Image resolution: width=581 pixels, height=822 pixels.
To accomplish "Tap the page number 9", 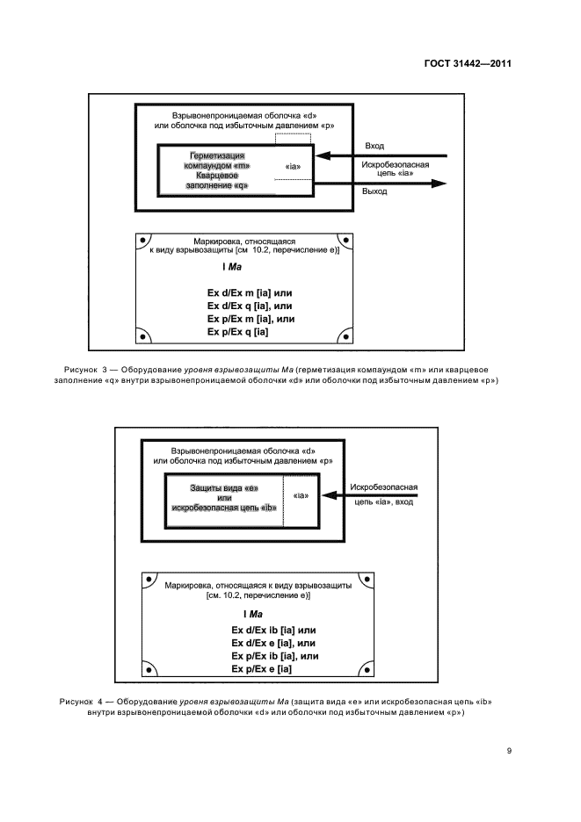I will pos(510,750).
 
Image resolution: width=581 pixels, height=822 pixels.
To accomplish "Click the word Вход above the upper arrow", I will pos(373,147).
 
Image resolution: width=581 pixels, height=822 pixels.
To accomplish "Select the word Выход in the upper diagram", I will pos(374,191).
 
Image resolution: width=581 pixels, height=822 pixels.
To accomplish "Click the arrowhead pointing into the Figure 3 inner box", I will pos(320,156).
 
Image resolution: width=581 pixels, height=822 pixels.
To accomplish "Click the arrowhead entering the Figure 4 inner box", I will pos(327,496).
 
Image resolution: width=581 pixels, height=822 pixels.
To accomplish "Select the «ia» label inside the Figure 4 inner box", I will pos(301,496).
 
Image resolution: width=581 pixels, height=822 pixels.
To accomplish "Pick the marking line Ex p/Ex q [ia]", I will pos(237,332).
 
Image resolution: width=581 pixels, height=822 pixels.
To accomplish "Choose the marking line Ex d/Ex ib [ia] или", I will pos(272,630).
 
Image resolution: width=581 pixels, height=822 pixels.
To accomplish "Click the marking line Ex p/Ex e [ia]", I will pos(261,669).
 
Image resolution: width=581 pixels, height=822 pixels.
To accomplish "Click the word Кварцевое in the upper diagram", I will pos(217,176).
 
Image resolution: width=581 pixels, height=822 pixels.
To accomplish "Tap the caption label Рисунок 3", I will pos(84,369).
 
